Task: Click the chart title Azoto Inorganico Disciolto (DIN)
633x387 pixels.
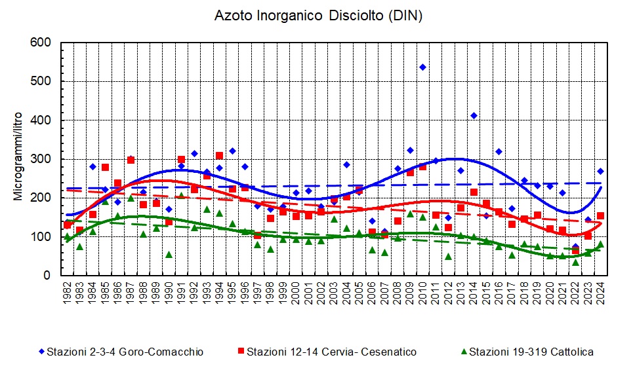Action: click(318, 16)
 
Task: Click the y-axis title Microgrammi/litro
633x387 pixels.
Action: click(19, 159)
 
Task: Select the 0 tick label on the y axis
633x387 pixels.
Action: click(48, 276)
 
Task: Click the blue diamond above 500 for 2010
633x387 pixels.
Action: click(422, 67)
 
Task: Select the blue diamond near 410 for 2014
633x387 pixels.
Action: click(474, 116)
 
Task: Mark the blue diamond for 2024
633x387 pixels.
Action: click(600, 171)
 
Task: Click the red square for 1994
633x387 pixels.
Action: click(219, 156)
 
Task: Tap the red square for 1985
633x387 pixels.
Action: click(105, 167)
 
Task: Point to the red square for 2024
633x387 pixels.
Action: click(600, 215)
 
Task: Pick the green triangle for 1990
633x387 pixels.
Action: click(169, 254)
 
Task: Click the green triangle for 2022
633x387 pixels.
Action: click(575, 262)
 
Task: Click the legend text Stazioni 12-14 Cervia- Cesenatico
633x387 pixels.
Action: click(331, 352)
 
